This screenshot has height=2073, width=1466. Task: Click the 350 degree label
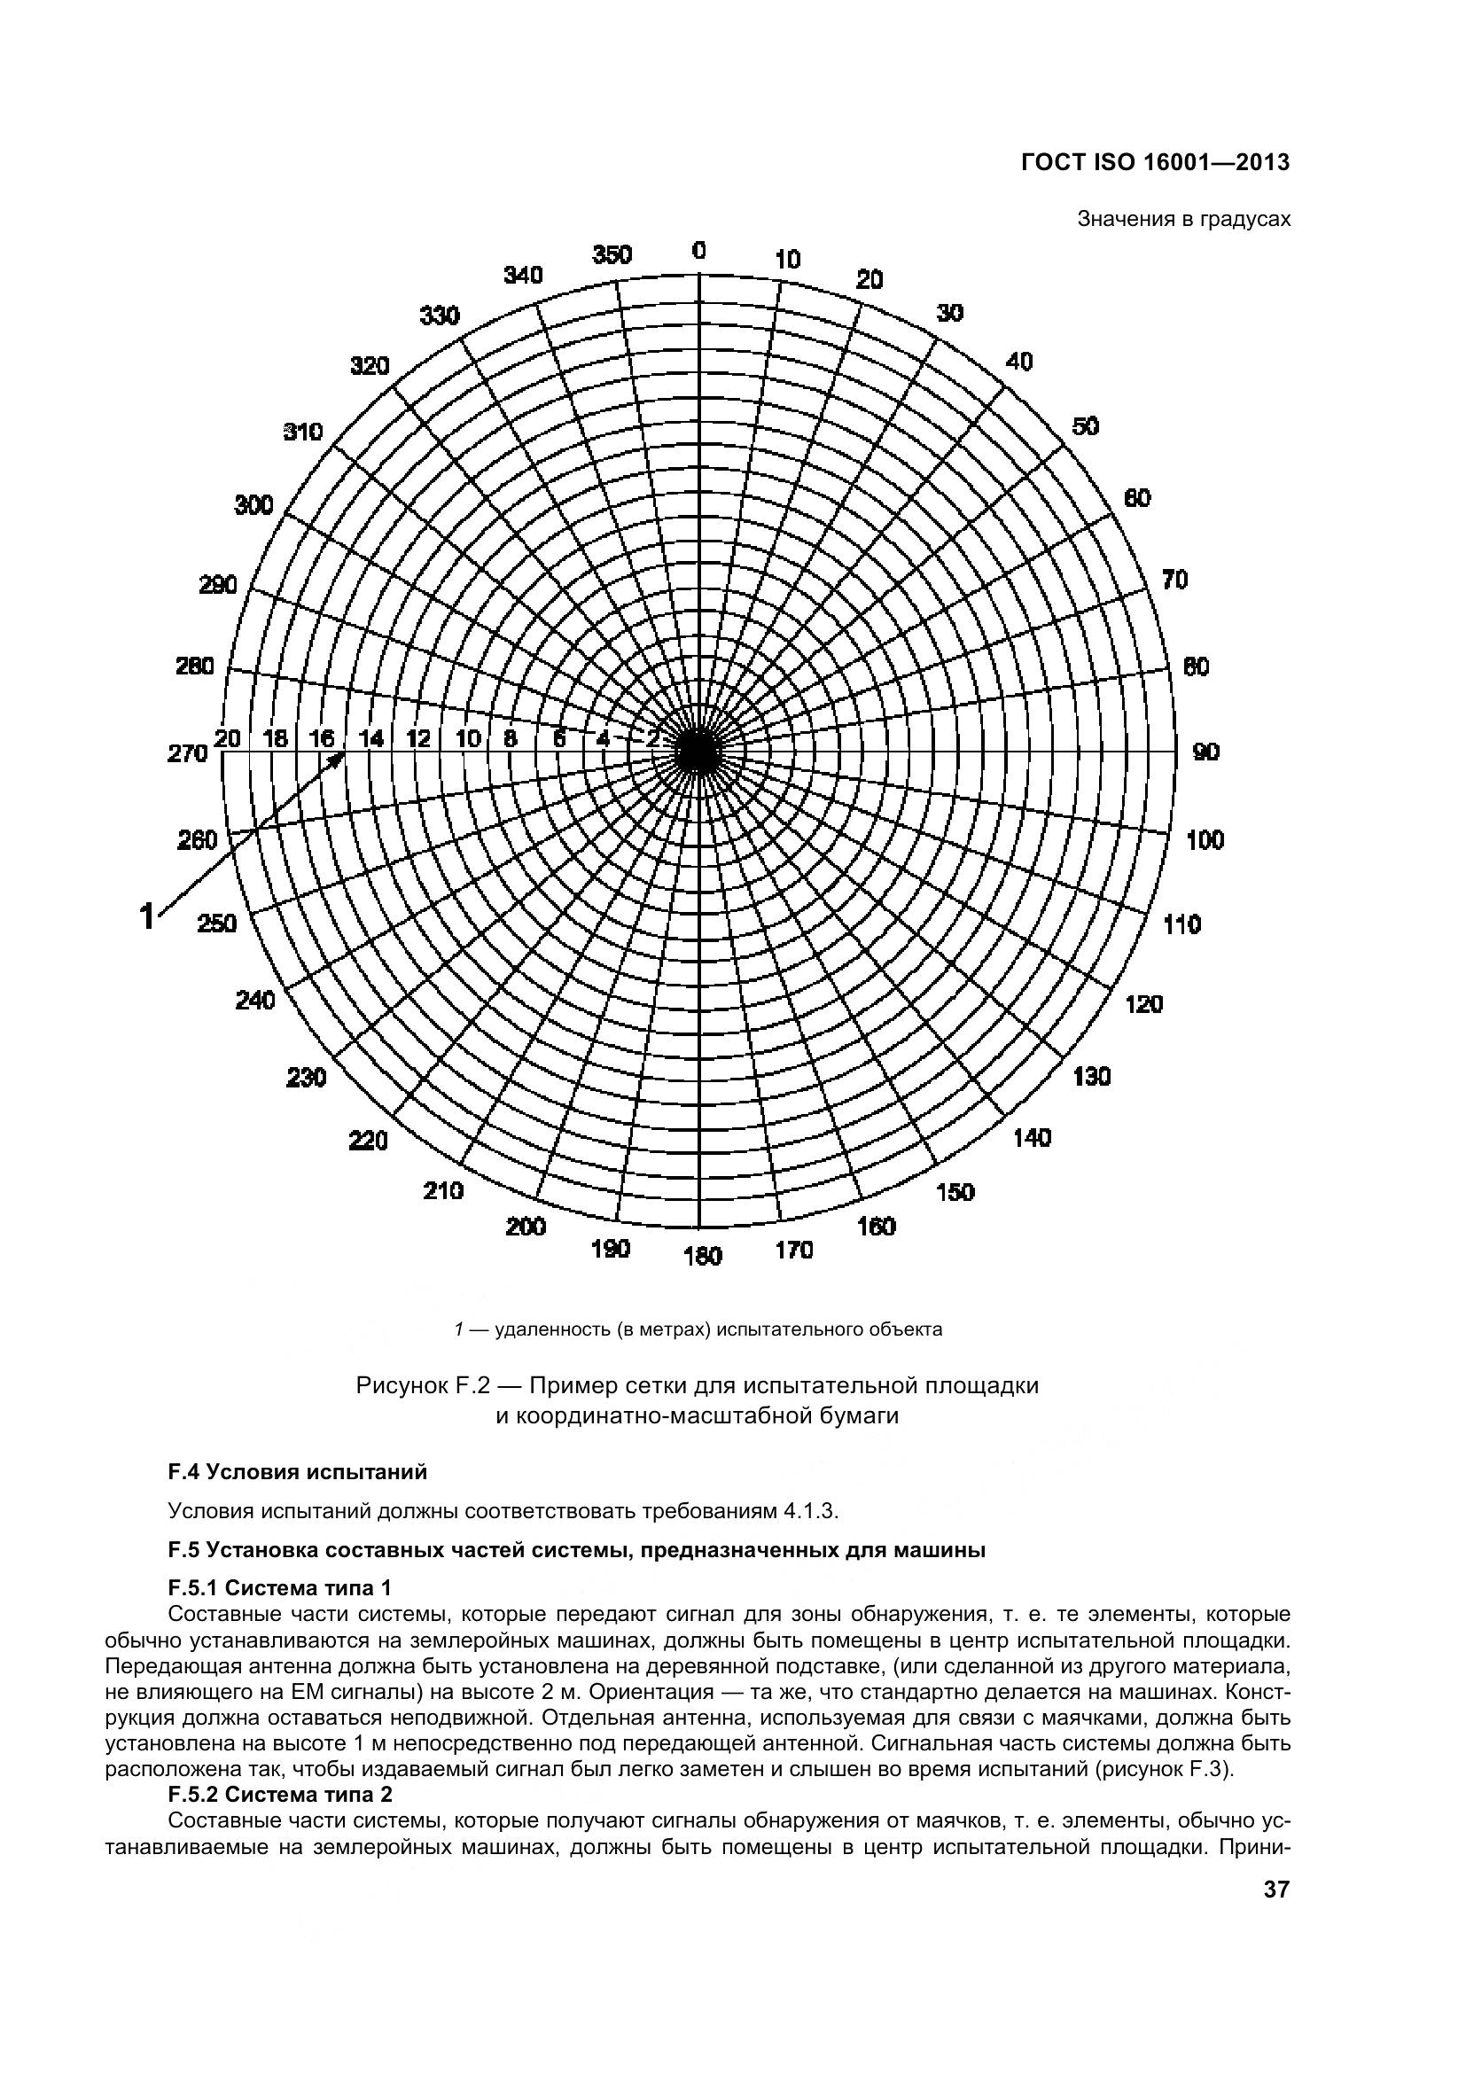(612, 255)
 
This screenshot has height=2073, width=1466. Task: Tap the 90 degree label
(1206, 752)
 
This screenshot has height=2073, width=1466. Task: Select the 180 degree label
(702, 1256)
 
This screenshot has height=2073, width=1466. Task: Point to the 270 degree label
(188, 753)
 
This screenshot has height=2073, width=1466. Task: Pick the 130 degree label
(1091, 1076)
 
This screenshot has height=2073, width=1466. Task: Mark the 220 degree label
(369, 1141)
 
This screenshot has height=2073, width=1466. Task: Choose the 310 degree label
(303, 432)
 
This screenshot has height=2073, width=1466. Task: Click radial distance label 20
(228, 738)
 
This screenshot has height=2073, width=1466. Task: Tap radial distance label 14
(371, 738)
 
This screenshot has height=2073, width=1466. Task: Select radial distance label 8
(511, 738)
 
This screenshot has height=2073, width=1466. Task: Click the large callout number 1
(146, 916)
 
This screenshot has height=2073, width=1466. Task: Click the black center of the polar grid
(697, 752)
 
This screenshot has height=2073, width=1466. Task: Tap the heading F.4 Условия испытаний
(297, 1473)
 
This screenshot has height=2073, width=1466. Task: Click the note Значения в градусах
(1183, 220)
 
